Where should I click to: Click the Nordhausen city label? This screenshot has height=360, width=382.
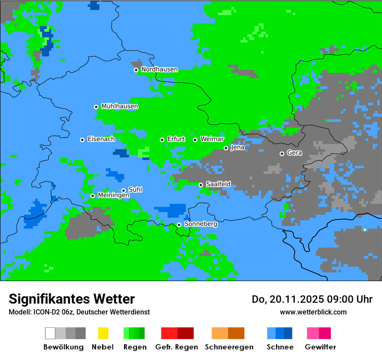(159, 69)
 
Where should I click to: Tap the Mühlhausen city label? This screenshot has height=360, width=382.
(119, 106)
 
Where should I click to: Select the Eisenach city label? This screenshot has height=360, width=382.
(101, 139)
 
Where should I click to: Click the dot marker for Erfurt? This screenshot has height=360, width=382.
(162, 140)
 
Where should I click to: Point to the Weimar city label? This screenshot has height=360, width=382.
(212, 139)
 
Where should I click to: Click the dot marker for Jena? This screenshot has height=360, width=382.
(226, 148)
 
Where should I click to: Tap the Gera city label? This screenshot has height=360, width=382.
(294, 153)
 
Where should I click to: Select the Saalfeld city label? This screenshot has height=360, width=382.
(218, 184)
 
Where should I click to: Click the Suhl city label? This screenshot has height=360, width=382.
(135, 190)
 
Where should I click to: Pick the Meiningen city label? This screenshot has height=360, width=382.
(113, 196)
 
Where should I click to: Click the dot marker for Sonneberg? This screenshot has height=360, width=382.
(179, 225)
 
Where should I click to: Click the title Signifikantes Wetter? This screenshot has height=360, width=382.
(72, 299)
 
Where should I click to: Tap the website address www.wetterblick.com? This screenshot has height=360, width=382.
(313, 312)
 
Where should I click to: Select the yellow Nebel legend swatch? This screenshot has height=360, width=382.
(103, 333)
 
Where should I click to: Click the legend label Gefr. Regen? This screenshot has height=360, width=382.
(177, 347)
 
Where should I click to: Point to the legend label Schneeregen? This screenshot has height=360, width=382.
(229, 347)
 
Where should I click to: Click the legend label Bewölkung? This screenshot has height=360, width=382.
(63, 347)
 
